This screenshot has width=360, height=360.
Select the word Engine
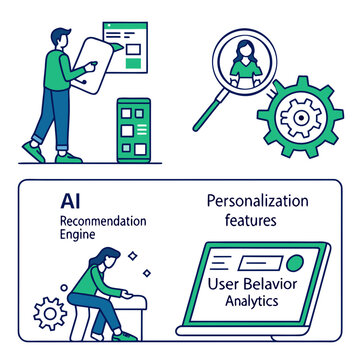(x=79, y=236)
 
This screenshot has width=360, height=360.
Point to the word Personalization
(x=256, y=201)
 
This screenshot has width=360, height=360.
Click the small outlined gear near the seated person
(x=49, y=314)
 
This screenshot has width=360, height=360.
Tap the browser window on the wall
(x=131, y=44)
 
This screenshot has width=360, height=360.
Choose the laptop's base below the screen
(x=255, y=330)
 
